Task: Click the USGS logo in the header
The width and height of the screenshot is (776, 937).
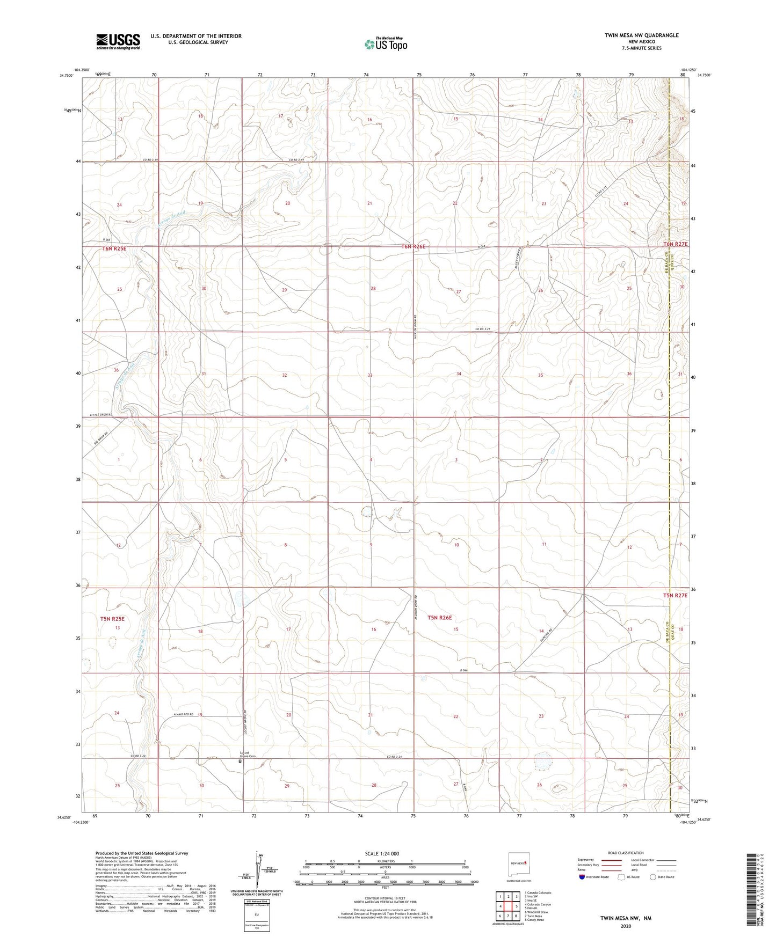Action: pyautogui.click(x=118, y=41)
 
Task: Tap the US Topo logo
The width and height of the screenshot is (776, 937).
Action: pyautogui.click(x=385, y=44)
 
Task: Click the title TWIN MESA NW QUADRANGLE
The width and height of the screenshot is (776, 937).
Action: pyautogui.click(x=641, y=35)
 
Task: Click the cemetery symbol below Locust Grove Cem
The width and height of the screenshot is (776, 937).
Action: pyautogui.click(x=241, y=761)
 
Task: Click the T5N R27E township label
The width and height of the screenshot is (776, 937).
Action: pyautogui.click(x=675, y=596)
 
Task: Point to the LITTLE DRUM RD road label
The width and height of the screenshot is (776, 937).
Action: pyautogui.click(x=100, y=415)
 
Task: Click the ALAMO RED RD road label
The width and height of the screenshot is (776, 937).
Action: pyautogui.click(x=184, y=715)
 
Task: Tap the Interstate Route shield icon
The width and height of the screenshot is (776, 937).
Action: pyautogui.click(x=582, y=876)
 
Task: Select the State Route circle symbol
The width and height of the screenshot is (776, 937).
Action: pyautogui.click(x=652, y=876)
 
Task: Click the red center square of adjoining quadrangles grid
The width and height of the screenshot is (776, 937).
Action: pyautogui.click(x=508, y=905)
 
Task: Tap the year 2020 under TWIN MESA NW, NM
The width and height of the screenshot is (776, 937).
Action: pyautogui.click(x=625, y=926)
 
